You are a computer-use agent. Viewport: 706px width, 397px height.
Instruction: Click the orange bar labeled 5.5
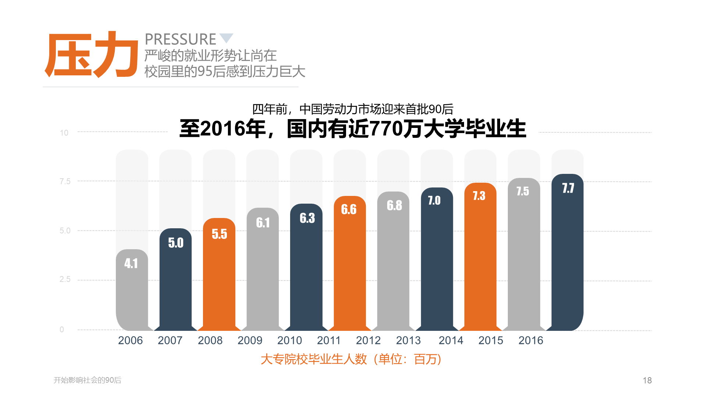(x=219, y=274)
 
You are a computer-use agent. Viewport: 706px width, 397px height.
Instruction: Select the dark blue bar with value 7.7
(x=567, y=252)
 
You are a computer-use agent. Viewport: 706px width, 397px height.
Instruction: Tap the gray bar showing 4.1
(x=132, y=290)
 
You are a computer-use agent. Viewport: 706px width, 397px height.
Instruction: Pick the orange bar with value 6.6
(x=350, y=263)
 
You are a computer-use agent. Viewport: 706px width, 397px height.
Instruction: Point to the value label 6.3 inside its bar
(x=307, y=218)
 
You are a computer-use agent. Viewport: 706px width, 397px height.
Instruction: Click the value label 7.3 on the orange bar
(x=479, y=196)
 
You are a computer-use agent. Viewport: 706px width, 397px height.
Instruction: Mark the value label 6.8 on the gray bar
(x=394, y=205)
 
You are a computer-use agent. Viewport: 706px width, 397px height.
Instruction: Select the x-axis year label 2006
(x=131, y=340)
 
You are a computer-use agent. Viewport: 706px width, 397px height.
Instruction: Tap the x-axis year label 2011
(x=329, y=340)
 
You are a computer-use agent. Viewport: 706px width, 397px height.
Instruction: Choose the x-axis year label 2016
(x=531, y=340)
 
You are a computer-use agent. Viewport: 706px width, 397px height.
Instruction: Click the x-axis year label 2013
(x=408, y=340)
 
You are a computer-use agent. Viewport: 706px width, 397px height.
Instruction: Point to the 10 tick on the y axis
(x=64, y=133)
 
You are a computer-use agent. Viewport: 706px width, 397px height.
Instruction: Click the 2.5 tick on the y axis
(x=65, y=279)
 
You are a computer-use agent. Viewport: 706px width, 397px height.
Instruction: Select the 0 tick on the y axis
(x=62, y=329)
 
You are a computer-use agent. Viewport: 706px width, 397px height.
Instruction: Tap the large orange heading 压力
(x=91, y=54)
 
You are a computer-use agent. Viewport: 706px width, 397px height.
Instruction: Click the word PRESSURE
(x=181, y=39)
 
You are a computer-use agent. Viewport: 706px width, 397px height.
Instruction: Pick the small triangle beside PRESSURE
(x=226, y=37)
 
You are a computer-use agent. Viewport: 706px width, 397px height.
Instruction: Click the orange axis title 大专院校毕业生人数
(x=314, y=359)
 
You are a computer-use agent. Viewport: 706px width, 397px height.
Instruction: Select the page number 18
(x=647, y=380)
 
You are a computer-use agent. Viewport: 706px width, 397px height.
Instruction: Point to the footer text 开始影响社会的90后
(x=88, y=380)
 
